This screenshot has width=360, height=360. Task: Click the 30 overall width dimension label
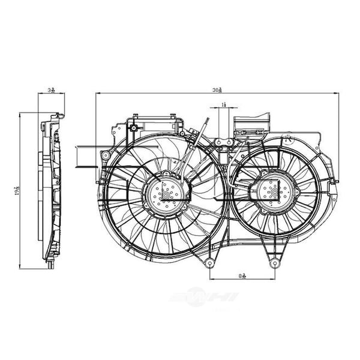click(218, 89)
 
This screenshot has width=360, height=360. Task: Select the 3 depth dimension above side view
click(51, 90)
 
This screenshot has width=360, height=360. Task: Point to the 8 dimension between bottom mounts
click(242, 275)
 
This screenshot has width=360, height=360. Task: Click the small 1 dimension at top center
click(223, 104)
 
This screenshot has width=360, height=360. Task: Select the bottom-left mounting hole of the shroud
click(209, 263)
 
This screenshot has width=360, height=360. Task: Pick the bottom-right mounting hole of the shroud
click(274, 263)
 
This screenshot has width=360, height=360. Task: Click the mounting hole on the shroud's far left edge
click(106, 155)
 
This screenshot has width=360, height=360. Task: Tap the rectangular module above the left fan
click(155, 125)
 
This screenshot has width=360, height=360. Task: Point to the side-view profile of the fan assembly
click(51, 189)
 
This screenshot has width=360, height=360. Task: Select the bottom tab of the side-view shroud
click(50, 264)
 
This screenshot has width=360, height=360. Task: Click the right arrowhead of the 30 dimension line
click(337, 93)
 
